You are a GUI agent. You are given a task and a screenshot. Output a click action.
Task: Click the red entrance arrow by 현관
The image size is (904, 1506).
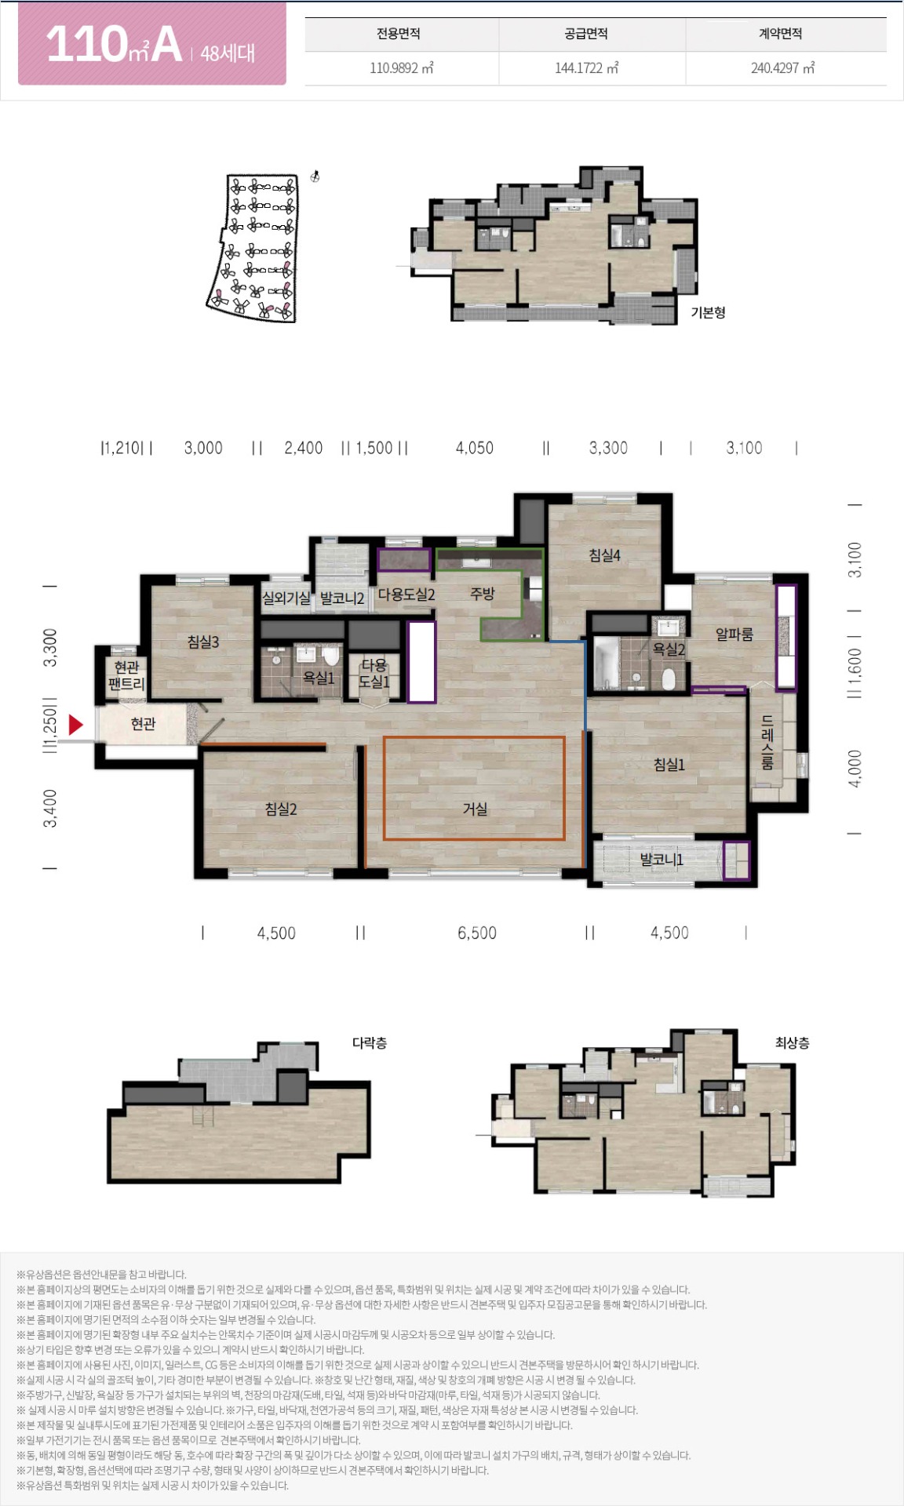click(x=75, y=725)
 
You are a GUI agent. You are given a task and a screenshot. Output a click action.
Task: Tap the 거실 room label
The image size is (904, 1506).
click(x=475, y=809)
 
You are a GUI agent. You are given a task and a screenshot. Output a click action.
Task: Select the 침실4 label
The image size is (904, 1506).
click(x=605, y=555)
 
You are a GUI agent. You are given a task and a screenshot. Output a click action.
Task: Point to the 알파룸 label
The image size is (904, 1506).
click(x=734, y=634)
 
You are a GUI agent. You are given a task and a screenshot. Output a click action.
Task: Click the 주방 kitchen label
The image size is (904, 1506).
click(x=483, y=594)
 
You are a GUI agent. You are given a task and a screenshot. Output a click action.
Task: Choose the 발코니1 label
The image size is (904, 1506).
click(x=662, y=860)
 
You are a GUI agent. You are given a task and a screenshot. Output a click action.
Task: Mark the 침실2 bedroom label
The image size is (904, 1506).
click(x=281, y=809)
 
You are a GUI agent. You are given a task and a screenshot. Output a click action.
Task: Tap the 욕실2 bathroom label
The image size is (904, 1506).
click(x=669, y=649)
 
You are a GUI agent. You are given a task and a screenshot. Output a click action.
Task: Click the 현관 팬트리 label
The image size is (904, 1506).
click(x=126, y=675)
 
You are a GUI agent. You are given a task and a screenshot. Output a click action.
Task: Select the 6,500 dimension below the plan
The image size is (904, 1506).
click(x=477, y=933)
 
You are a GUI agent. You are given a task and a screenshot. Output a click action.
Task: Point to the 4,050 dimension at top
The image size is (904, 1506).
click(x=475, y=448)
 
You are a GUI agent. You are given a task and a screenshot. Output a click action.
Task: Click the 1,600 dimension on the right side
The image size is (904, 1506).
click(x=855, y=664)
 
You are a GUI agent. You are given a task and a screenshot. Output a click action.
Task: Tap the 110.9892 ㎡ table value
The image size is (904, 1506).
click(x=402, y=68)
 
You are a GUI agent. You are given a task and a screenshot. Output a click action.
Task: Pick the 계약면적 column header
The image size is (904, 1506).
click(x=780, y=34)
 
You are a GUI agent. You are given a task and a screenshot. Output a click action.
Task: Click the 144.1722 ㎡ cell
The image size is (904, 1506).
click(x=586, y=68)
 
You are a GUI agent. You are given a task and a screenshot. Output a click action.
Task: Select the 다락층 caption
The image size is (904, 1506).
click(x=370, y=1042)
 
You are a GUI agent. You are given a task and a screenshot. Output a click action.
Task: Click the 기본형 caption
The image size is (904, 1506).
click(x=708, y=312)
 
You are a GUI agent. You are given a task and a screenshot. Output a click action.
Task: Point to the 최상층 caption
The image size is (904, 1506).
click(x=793, y=1042)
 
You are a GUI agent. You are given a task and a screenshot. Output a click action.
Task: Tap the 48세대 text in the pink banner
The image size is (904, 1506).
click(x=228, y=53)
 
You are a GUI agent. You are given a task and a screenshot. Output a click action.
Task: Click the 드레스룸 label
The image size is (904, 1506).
click(x=767, y=743)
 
